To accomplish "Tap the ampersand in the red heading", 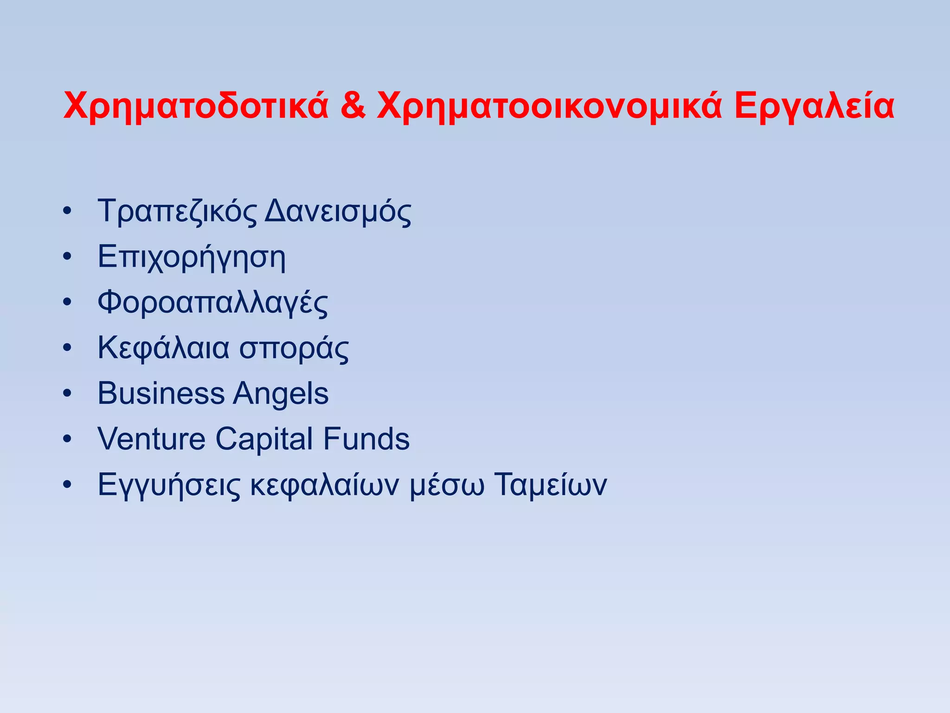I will [x=352, y=106].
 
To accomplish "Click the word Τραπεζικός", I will [x=177, y=212].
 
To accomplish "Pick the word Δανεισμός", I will [x=338, y=212].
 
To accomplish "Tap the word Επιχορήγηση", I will [x=192, y=258].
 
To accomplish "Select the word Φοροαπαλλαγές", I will [x=212, y=303].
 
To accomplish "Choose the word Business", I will [x=161, y=394].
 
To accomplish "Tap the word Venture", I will [x=151, y=439].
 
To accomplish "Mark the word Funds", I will [x=366, y=439].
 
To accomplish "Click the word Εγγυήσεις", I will [x=169, y=485].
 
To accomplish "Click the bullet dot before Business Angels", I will [x=68, y=394].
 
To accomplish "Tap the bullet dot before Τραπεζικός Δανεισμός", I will [x=68, y=212].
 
